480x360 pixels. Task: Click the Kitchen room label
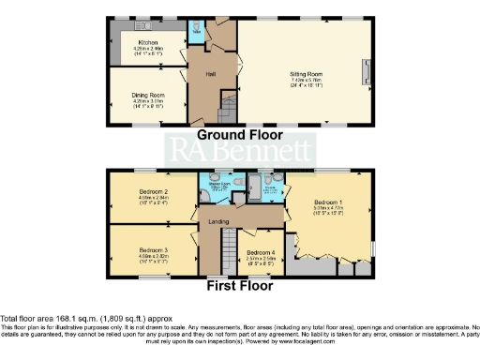[x=148, y=43]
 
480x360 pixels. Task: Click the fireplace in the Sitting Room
[x=365, y=69]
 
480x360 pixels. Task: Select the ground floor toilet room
[x=197, y=27]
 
